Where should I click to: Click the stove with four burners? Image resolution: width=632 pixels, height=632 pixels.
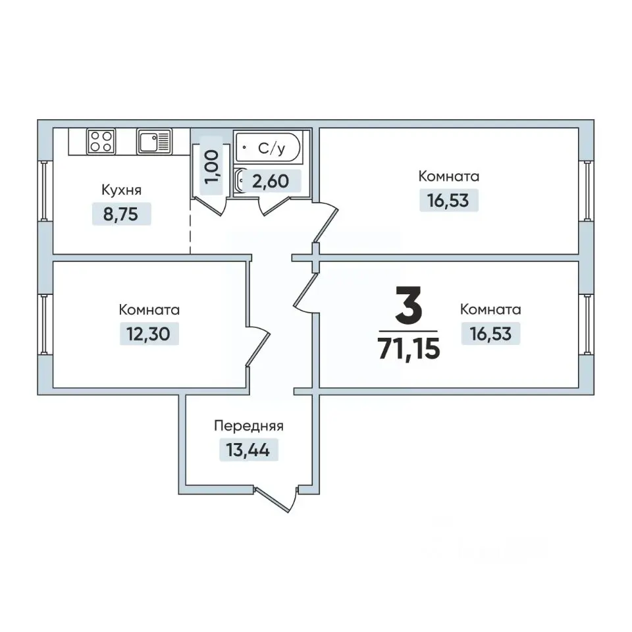(101, 142)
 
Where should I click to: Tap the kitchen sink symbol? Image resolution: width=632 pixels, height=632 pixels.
(154, 142)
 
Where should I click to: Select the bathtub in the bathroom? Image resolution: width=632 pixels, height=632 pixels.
(268, 147)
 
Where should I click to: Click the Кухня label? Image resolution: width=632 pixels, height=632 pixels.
(121, 190)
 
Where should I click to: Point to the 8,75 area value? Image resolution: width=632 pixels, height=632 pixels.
(121, 215)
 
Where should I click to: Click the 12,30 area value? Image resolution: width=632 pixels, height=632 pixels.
(148, 334)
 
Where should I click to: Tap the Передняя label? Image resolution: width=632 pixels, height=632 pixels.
(249, 426)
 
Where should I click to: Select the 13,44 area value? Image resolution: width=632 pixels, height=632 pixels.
(248, 450)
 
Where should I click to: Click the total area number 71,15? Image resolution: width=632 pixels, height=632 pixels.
(409, 349)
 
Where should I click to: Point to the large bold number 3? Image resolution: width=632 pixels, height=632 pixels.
(409, 305)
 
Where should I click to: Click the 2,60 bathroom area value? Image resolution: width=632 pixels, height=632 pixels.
(271, 182)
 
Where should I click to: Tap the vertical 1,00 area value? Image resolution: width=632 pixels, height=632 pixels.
(211, 167)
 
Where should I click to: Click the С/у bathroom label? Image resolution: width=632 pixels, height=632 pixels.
(272, 149)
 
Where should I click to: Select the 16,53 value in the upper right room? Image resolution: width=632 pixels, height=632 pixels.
(448, 200)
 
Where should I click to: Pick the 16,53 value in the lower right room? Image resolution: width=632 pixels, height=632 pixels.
(490, 334)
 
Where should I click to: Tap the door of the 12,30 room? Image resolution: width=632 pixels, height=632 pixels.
(258, 347)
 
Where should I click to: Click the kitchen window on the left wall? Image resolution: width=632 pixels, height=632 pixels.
(45, 191)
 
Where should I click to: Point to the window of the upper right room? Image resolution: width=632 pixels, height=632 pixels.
(587, 191)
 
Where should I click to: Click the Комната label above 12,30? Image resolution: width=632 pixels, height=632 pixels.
(149, 310)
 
